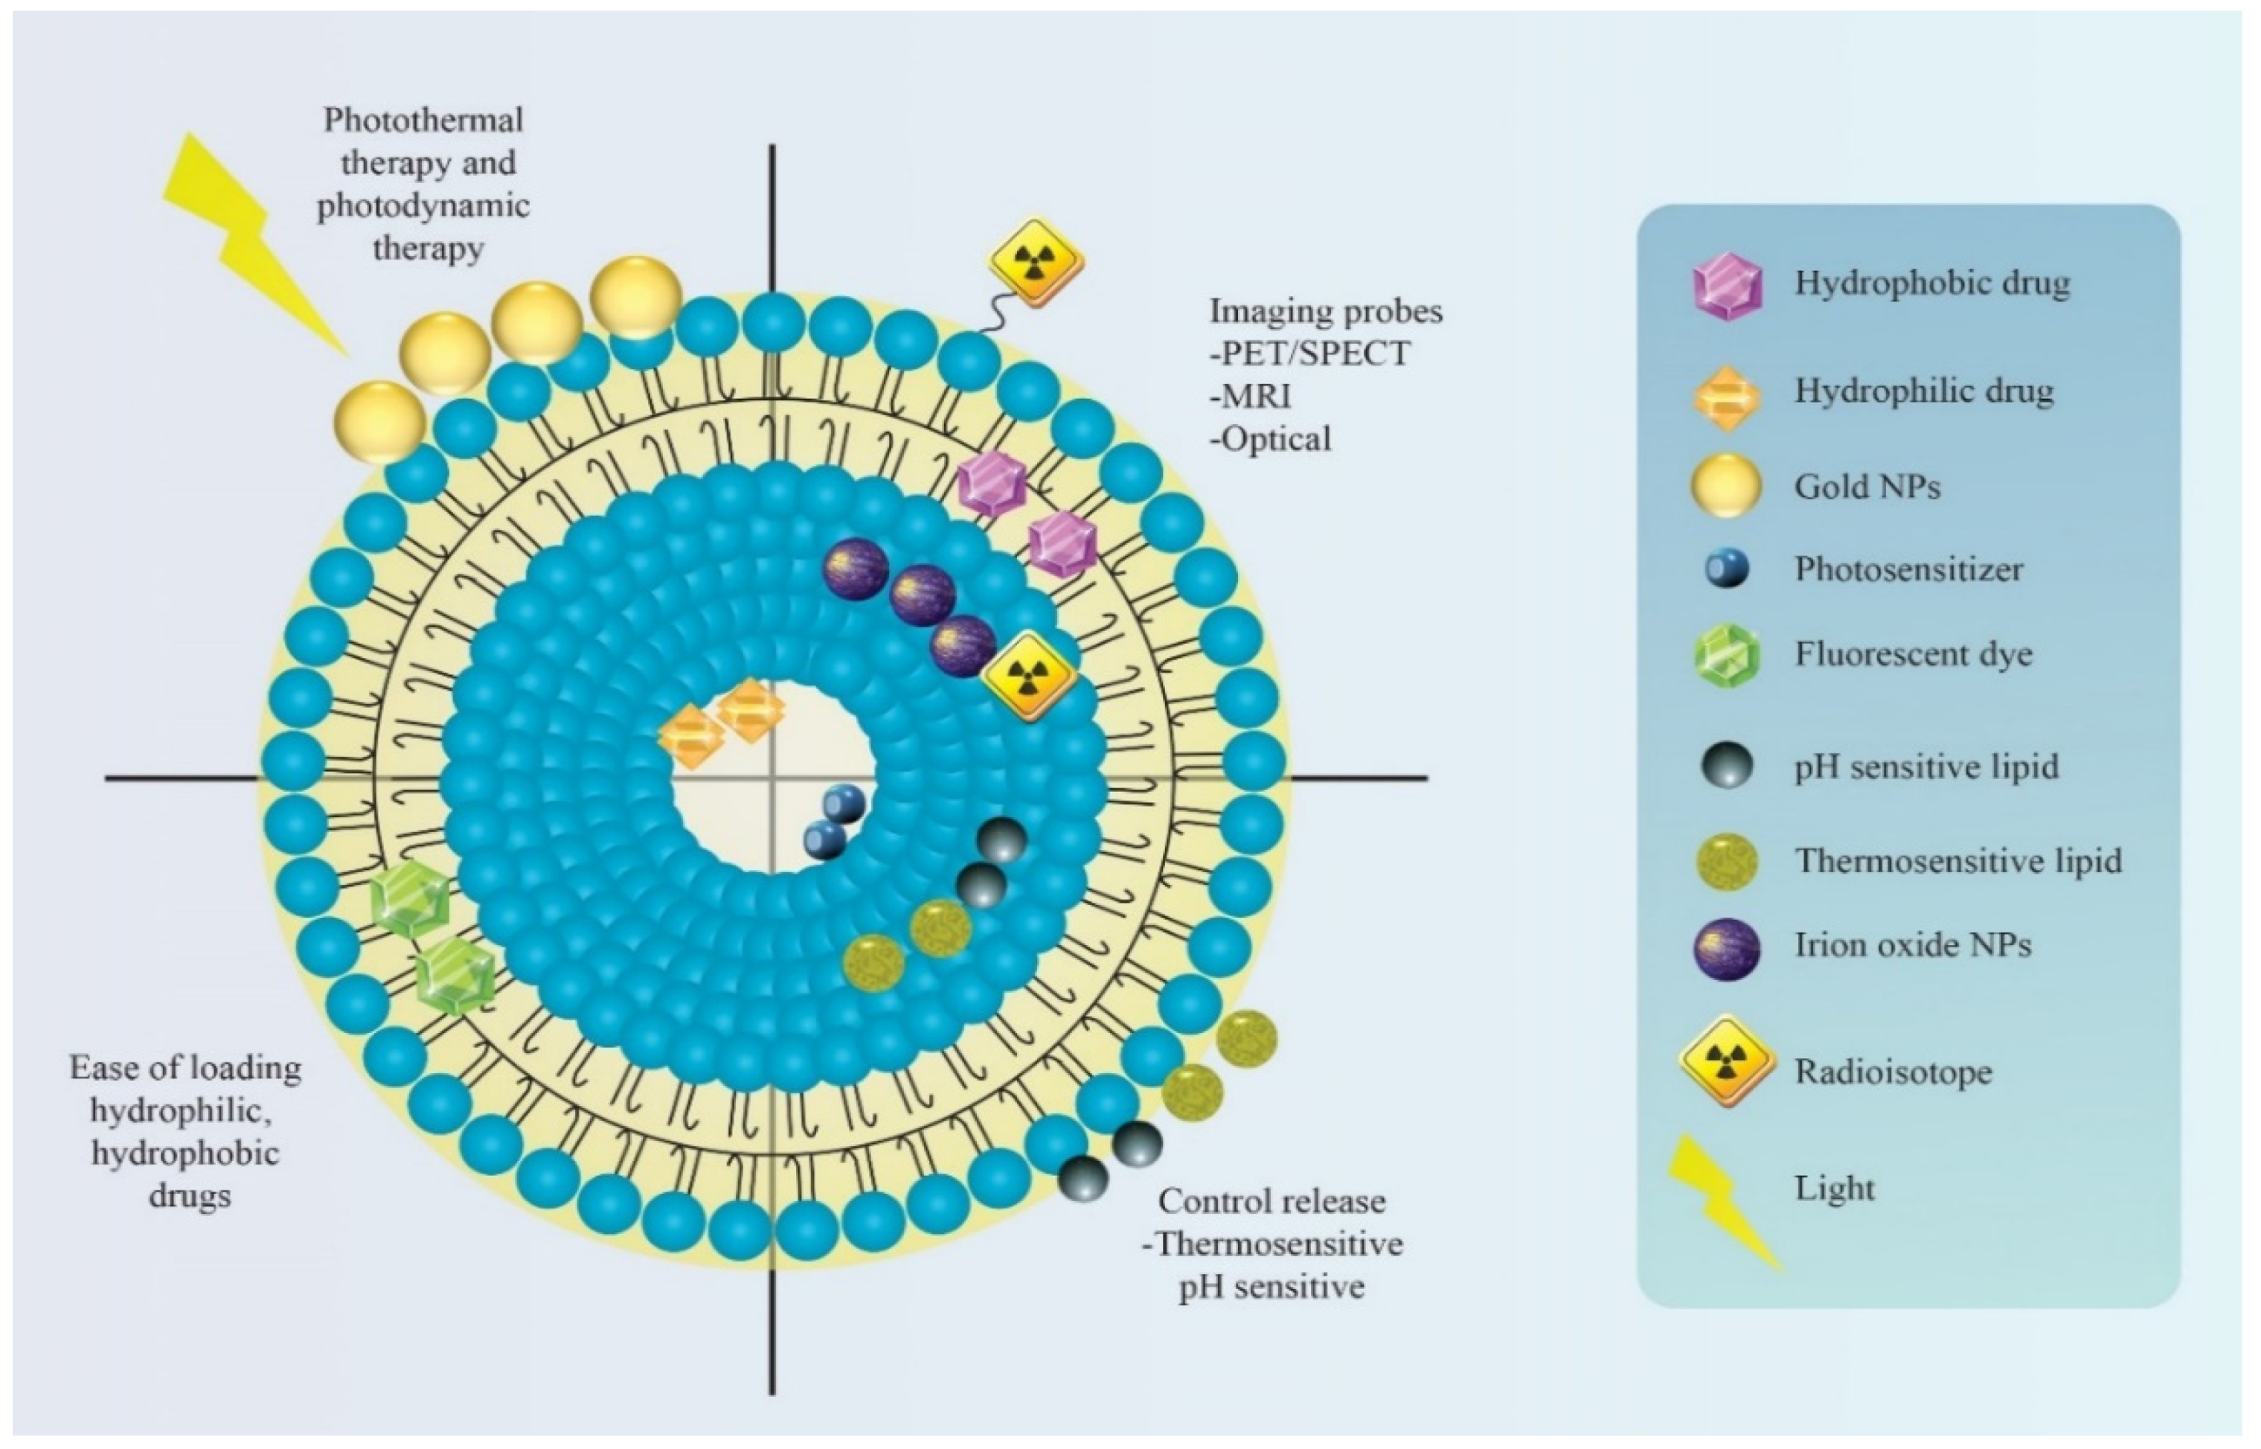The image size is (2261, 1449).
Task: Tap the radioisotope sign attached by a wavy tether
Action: point(1036,263)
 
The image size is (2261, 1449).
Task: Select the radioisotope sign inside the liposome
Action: point(1028,676)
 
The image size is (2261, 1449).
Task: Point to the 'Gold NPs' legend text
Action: point(1867,487)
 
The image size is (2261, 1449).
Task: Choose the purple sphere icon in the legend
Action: point(1727,948)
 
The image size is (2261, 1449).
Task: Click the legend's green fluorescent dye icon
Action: point(1727,656)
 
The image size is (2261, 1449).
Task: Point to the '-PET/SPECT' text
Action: point(1309,353)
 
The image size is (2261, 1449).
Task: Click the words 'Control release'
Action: point(1271,1200)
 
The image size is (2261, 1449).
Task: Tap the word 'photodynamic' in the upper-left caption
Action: point(423,205)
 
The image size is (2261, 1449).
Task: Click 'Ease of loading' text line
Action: point(185,1068)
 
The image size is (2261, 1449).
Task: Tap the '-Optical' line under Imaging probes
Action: point(1271,438)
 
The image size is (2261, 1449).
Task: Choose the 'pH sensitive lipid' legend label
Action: point(1926,766)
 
